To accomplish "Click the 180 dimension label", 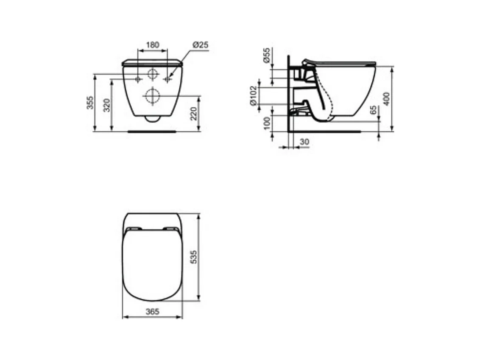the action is tap(152, 45).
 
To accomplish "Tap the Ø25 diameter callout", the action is tap(200, 45).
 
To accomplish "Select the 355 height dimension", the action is tap(89, 103).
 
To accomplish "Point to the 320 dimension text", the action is tap(106, 105).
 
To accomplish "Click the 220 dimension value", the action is tap(194, 114).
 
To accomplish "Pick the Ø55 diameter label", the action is tap(267, 56).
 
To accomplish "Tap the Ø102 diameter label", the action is tap(253, 95).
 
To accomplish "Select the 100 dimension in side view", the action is tap(267, 123).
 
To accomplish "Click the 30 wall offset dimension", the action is tap(304, 142).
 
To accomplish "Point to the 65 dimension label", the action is tap(373, 110).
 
